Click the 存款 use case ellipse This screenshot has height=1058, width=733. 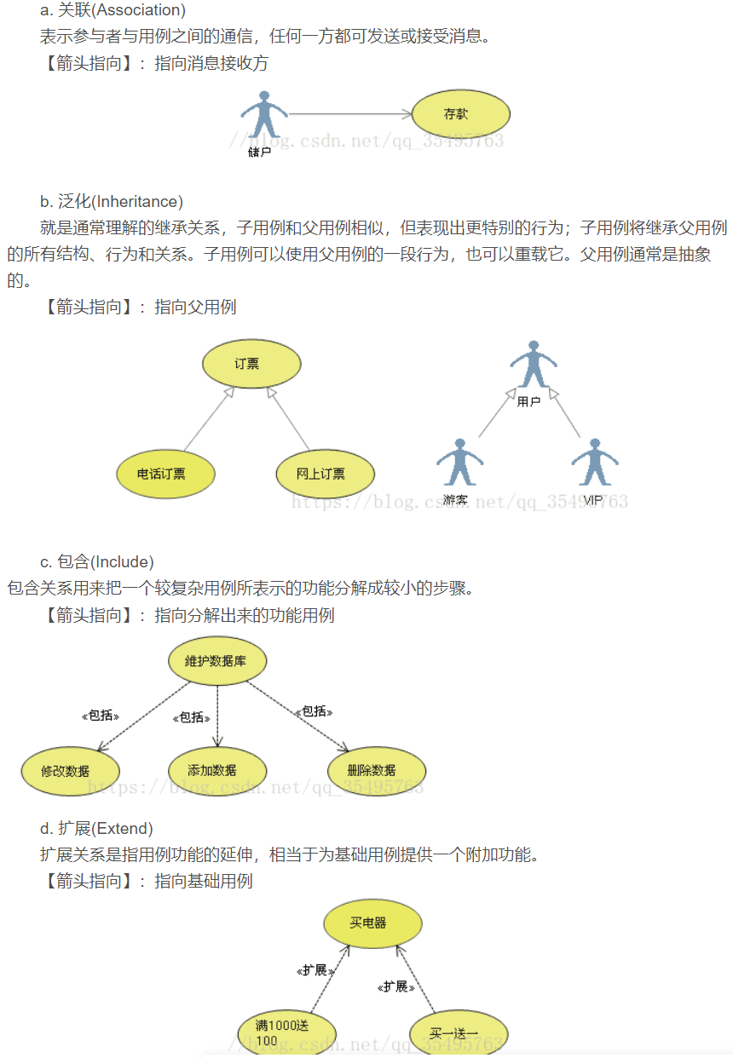460,114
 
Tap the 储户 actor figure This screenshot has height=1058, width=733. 263,119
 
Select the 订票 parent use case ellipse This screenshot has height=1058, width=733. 251,364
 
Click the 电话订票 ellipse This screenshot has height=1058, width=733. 165,474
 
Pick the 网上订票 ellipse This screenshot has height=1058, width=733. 325,474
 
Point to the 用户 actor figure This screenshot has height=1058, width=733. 533,365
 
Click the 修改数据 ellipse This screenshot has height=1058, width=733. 70,770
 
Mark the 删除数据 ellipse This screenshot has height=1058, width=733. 376,770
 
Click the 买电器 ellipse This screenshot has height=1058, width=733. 372,923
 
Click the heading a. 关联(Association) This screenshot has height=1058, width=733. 113,11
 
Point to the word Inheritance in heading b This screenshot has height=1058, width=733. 136,202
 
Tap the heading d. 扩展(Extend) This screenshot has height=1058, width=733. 96,828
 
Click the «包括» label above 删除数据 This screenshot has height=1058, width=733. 314,710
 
